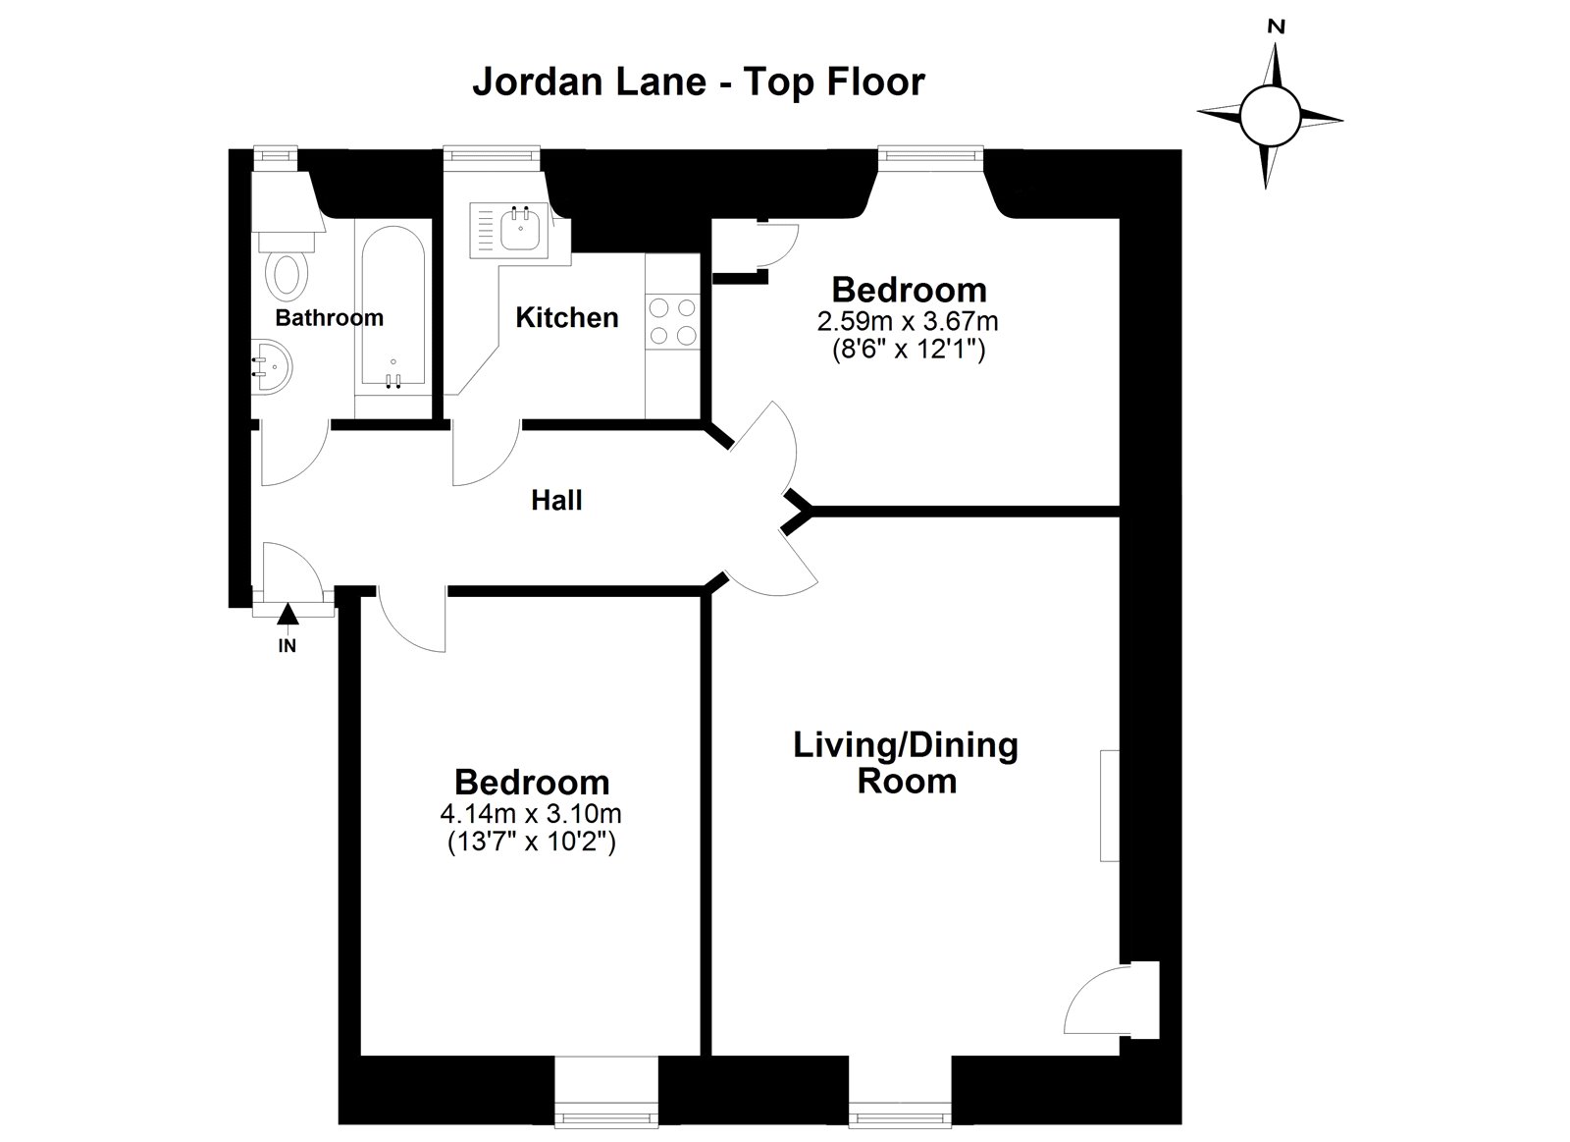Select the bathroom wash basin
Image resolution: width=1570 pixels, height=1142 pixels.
[272, 367]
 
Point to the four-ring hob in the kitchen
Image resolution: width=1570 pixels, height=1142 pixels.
[672, 321]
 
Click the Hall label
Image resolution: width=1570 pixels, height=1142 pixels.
[556, 500]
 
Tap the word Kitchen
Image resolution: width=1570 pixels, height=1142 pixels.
[567, 318]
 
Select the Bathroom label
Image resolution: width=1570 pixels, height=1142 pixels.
[330, 318]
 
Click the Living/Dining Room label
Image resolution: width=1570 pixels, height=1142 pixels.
[907, 763]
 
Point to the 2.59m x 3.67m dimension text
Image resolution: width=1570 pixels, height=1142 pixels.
[908, 321]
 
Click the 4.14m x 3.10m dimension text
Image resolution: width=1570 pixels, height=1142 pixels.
[531, 814]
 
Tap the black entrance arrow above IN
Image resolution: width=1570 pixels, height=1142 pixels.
[288, 614]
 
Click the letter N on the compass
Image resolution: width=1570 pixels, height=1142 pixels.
[1277, 27]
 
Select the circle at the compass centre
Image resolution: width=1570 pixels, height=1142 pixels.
[1271, 116]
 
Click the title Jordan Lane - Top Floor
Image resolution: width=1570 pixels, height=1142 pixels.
[699, 82]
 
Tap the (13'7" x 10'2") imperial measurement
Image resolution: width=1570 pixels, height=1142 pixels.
[531, 842]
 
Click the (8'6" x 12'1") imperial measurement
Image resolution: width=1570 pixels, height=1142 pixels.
[909, 349]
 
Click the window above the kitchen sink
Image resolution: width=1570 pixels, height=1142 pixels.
[492, 153]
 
